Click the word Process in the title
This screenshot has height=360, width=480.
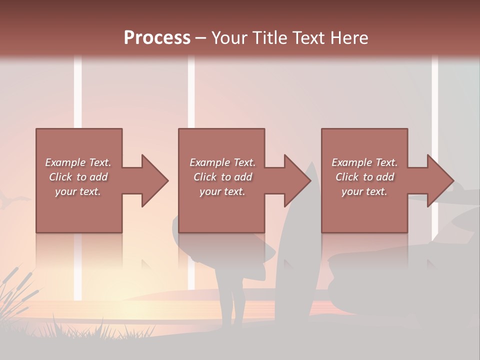pyautogui.click(x=157, y=38)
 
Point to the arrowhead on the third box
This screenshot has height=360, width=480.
pyautogui.click(x=440, y=180)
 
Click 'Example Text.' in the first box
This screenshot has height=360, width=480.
pyautogui.click(x=78, y=162)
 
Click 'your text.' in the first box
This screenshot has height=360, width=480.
pyautogui.click(x=78, y=191)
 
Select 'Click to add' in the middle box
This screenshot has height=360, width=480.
pyautogui.click(x=222, y=177)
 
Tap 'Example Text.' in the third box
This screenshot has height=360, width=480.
pyautogui.click(x=364, y=162)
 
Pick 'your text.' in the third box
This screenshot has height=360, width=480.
pyautogui.click(x=364, y=191)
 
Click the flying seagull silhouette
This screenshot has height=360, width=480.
pyautogui.click(x=12, y=201)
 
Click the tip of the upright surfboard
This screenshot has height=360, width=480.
pyautogui.click(x=311, y=165)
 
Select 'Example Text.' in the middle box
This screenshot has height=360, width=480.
pyautogui.click(x=222, y=162)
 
